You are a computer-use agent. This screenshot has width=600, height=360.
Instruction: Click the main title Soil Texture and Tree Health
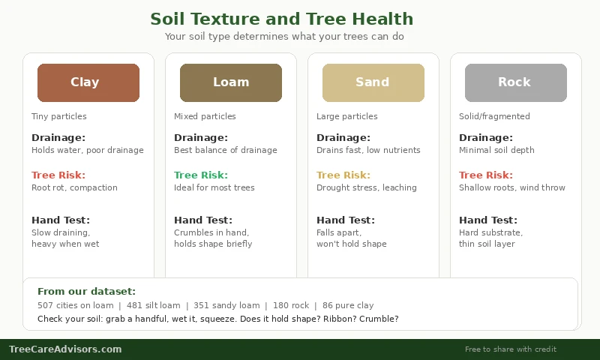tap(281, 19)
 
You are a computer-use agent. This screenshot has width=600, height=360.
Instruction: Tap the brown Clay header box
tap(88, 82)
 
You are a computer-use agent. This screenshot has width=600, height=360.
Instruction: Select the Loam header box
tap(231, 82)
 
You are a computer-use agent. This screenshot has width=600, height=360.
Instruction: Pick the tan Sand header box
tap(373, 82)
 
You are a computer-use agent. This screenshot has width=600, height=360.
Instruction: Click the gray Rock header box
tap(516, 82)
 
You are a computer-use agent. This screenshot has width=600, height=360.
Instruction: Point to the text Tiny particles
tap(58, 116)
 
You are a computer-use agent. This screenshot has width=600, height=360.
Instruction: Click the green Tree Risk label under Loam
tap(201, 175)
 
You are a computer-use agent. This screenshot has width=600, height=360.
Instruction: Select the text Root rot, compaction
tap(74, 187)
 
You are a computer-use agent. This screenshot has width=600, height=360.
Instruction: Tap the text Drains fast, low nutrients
tap(368, 150)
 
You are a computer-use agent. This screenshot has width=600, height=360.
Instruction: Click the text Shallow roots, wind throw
tap(512, 187)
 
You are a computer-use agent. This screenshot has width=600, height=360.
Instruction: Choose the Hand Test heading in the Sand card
tap(346, 220)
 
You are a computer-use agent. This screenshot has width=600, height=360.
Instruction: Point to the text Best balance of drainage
tap(226, 150)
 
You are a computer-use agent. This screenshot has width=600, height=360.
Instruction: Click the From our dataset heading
tap(86, 292)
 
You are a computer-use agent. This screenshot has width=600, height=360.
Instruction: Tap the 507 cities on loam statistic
tap(75, 305)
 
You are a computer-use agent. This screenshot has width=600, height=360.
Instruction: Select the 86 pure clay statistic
tap(348, 305)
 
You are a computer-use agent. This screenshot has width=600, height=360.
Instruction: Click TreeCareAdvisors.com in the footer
tap(65, 349)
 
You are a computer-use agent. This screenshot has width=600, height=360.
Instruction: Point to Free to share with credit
tap(511, 349)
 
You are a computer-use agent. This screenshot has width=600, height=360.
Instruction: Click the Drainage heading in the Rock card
tap(486, 138)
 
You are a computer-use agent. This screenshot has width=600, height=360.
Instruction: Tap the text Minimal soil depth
tap(496, 150)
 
